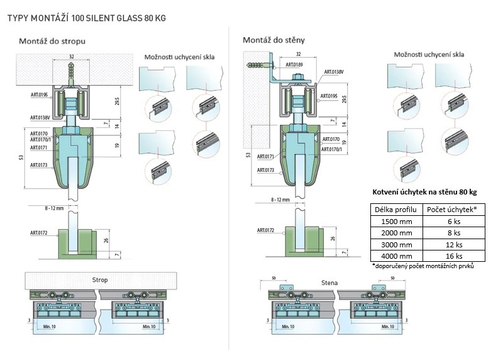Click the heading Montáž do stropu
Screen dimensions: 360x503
[52, 41]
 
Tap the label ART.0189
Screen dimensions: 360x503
[295, 64]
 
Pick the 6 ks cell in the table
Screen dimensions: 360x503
[453, 221]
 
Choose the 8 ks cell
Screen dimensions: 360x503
[453, 233]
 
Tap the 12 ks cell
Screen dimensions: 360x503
[453, 244]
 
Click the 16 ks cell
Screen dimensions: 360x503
[453, 256]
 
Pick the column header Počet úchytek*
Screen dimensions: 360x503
[453, 210]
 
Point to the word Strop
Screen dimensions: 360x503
[100, 279]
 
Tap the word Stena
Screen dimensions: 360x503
[329, 283]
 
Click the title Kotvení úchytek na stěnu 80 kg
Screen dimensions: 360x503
[424, 191]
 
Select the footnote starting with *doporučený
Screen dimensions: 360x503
[423, 266]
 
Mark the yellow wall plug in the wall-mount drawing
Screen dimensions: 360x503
[258, 65]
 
